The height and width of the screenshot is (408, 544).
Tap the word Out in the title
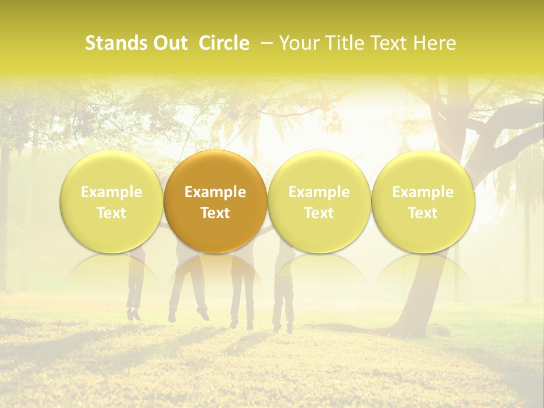pos(168,43)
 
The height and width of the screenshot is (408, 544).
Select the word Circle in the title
pos(223,43)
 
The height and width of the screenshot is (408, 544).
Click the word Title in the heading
pos(341,43)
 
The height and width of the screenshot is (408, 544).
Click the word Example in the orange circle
pos(215,192)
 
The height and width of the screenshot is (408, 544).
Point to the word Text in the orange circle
pos(215,213)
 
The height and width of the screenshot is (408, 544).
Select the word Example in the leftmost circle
pos(111,192)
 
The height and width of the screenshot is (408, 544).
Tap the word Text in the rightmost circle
pos(423,213)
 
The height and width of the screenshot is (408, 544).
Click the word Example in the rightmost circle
pos(423,192)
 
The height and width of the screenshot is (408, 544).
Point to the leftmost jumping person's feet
pos(134,313)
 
